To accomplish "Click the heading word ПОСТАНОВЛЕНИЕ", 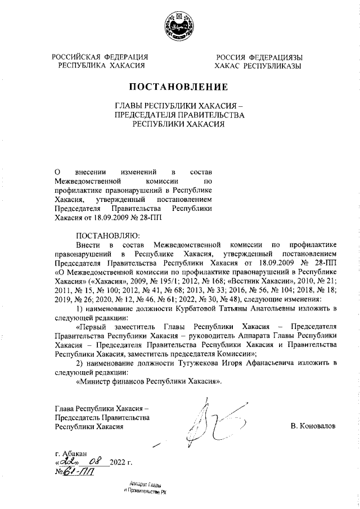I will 179,87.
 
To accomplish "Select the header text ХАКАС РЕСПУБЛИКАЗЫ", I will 259,66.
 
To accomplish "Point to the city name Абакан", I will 75,453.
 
